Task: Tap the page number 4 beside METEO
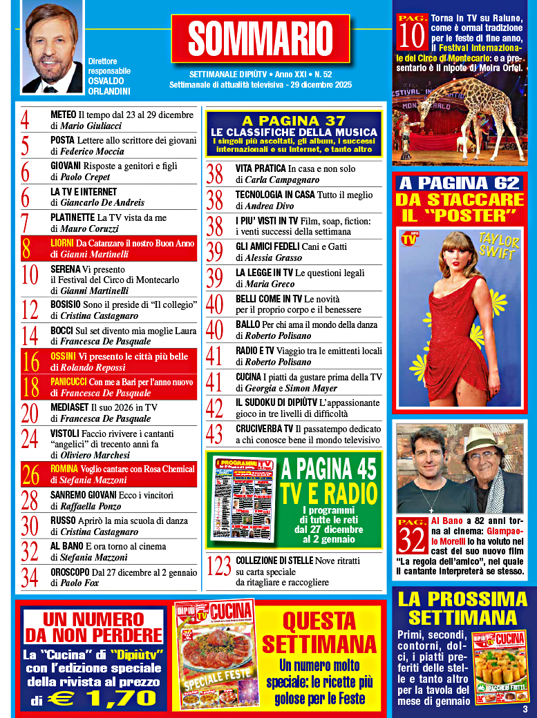[26, 121]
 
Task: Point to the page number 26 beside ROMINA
[30, 475]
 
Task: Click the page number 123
[219, 567]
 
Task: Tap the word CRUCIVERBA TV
[265, 429]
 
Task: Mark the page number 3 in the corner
[525, 709]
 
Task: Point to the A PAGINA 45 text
[328, 469]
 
